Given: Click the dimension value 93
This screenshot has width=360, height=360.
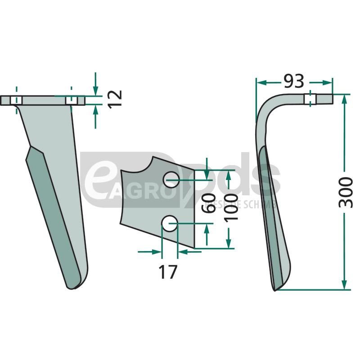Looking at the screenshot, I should (294, 81).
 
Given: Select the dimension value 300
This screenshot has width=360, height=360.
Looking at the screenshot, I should (346, 193).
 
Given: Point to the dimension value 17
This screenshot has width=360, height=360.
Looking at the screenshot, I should (168, 272).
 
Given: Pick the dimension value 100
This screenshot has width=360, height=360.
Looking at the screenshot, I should (230, 206).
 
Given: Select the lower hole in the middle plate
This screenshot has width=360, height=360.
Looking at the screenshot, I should (170, 224).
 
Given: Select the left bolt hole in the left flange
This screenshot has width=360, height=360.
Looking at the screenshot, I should (16, 100).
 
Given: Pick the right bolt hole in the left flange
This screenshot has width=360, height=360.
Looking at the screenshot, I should (71, 100).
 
